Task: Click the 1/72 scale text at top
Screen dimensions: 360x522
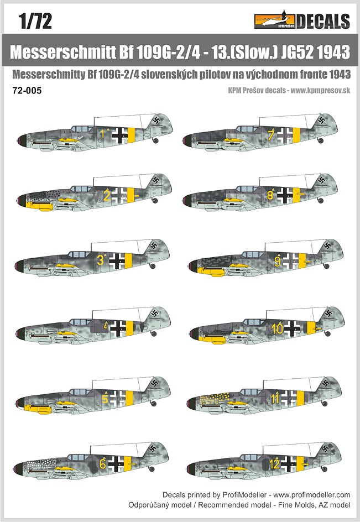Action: pos(35,21)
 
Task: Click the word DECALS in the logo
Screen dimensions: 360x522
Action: pos(323,22)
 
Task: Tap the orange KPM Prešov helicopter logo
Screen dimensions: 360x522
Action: pos(275,20)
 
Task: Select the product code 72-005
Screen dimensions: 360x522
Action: pos(27,91)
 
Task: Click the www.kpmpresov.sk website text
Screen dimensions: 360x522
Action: pos(320,90)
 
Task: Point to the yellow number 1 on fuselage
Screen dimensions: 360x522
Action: pos(103,134)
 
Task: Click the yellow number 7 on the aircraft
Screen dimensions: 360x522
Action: pos(270,135)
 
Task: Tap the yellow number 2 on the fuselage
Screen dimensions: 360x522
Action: pos(107,195)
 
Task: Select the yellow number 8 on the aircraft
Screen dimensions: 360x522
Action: pos(270,195)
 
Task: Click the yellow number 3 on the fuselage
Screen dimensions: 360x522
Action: pos(100,260)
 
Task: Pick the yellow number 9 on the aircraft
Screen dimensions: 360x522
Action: pos(278,262)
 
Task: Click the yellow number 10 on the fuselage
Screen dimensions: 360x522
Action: pos(277,329)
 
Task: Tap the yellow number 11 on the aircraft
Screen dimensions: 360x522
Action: pos(275,399)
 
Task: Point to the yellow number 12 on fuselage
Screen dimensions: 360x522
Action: pos(274,464)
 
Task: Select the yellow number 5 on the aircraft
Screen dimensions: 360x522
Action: pos(105,399)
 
